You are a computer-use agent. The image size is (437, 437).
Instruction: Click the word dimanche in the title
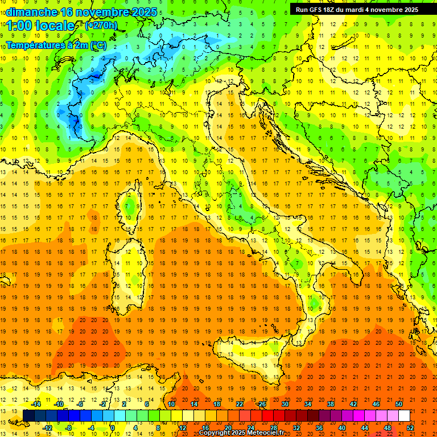(x=32, y=12)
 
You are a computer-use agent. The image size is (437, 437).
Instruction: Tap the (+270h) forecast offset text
(x=101, y=26)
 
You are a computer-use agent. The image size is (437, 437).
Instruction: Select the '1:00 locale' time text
(x=40, y=26)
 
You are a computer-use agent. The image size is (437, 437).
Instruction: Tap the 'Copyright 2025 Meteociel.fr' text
(x=241, y=433)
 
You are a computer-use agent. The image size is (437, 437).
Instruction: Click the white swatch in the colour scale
(x=404, y=416)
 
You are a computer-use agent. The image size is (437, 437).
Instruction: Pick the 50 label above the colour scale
(x=398, y=404)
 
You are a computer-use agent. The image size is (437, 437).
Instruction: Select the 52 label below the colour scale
(x=410, y=428)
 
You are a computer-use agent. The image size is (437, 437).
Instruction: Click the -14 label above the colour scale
(x=36, y=404)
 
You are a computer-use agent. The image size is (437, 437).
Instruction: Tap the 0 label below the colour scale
(x=112, y=428)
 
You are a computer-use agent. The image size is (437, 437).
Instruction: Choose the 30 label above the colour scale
(x=285, y=404)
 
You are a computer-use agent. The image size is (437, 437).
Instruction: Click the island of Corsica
(x=131, y=208)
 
